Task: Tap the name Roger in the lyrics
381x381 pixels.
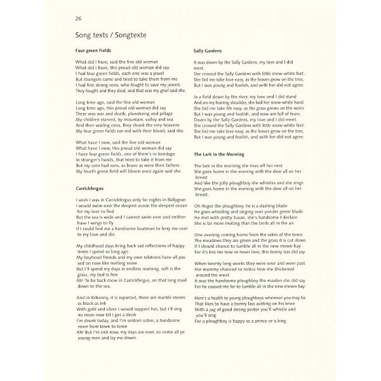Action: (x=209, y=206)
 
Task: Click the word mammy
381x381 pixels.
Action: (x=210, y=269)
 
